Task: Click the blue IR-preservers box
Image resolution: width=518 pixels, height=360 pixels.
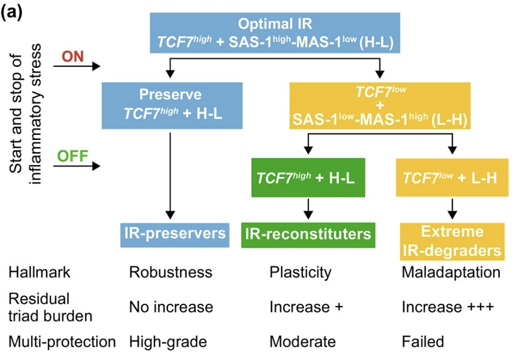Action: [175, 233]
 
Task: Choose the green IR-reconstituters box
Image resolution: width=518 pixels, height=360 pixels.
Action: [308, 234]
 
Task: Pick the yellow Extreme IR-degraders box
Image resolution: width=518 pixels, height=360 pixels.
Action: [452, 241]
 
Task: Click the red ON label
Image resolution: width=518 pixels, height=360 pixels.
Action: [73, 56]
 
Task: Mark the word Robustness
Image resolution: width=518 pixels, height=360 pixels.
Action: [170, 272]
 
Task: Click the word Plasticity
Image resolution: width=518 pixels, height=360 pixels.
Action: [300, 272]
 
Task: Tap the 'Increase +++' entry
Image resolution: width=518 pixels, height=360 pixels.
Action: [448, 307]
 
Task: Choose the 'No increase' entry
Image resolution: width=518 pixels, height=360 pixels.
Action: [171, 307]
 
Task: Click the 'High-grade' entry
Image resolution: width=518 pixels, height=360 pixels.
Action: [168, 342]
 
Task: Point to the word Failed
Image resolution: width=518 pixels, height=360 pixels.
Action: [423, 342]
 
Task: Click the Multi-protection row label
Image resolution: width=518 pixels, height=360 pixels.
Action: [62, 342]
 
